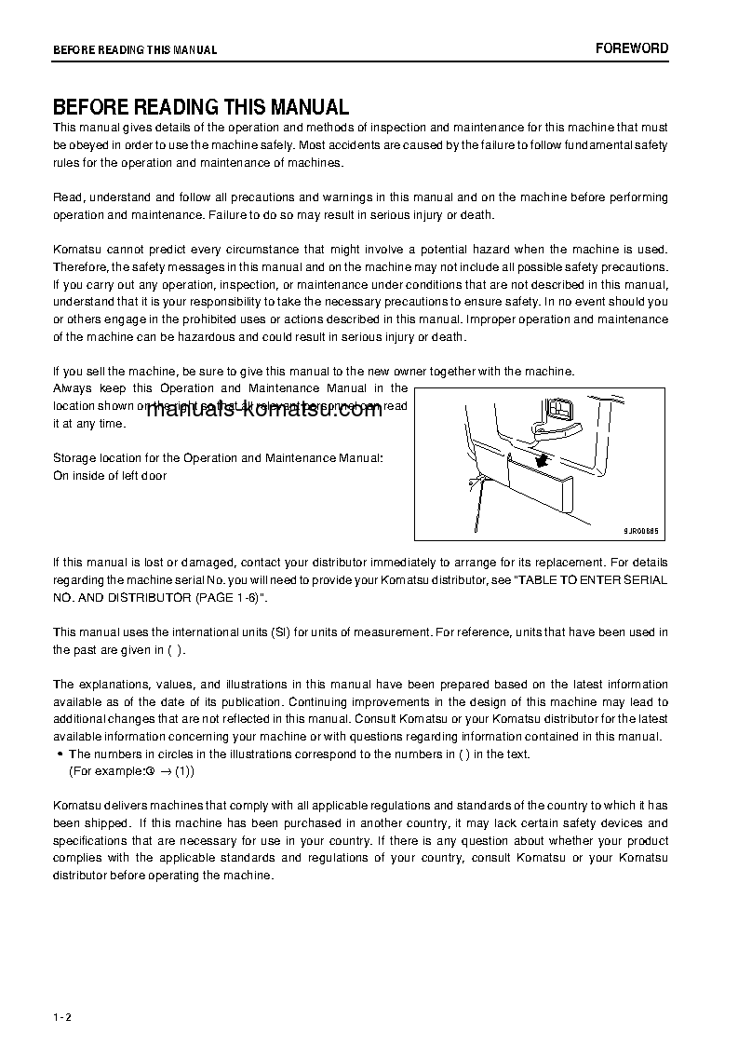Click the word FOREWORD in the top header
[x=632, y=48]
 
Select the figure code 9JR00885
[x=640, y=531]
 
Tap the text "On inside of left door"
[x=110, y=476]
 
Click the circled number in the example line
[x=149, y=772]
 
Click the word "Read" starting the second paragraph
[x=67, y=197]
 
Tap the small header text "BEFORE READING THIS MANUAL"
[x=135, y=50]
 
